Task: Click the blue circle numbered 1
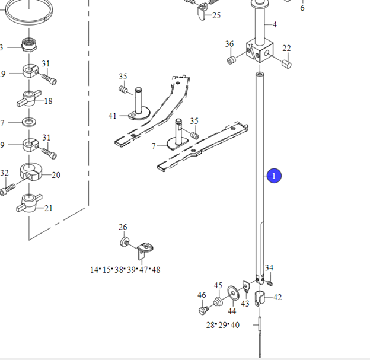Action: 273,176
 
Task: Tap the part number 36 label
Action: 229,44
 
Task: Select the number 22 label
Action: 286,48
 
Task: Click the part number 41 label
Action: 113,116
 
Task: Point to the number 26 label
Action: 123,227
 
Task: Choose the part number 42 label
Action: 277,297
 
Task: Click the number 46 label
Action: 202,295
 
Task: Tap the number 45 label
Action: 218,285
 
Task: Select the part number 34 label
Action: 269,268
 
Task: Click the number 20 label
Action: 56,175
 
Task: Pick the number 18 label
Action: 48,101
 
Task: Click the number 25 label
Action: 216,15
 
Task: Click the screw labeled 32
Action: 7,190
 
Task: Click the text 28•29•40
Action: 222,324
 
